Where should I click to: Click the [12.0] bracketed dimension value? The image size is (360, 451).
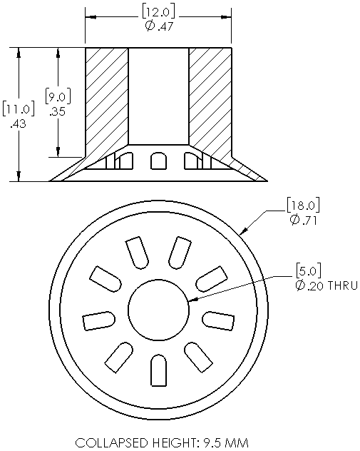(158, 12)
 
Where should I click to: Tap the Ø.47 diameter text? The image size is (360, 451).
(159, 26)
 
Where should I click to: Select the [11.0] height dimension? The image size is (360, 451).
(19, 109)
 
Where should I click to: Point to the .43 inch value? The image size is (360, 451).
(18, 123)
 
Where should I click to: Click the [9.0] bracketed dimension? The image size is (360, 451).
(58, 96)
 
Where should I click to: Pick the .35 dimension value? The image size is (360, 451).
(58, 111)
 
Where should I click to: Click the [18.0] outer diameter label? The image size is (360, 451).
(303, 205)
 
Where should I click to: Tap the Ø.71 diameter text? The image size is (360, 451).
(304, 221)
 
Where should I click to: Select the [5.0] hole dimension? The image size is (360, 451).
(308, 270)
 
